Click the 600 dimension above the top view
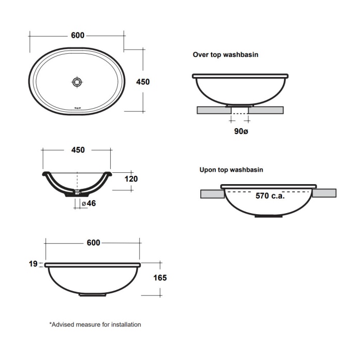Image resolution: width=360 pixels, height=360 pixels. point(77,35)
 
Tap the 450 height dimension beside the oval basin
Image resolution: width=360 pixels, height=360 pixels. point(142,82)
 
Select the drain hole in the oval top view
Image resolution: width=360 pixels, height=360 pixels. point(77,82)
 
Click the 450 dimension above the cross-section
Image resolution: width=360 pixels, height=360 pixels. point(77,150)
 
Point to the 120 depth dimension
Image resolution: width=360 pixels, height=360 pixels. point(131,179)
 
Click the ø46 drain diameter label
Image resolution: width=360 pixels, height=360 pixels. point(89,203)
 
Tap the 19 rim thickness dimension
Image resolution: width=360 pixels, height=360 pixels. point(33,264)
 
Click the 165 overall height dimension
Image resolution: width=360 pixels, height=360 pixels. point(160,278)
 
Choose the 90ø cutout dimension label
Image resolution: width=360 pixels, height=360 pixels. point(241,131)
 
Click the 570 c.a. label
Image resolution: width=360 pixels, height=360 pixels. point(271,196)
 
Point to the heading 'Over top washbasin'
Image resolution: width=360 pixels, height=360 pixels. point(226,54)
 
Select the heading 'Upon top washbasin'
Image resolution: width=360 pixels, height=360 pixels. point(232,169)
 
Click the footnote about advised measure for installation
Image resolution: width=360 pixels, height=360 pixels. point(95,325)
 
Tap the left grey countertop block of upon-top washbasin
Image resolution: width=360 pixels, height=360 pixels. point(212,193)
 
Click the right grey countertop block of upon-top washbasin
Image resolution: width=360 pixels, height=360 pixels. point(324,193)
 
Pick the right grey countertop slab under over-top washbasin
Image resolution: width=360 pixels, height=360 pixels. point(267,110)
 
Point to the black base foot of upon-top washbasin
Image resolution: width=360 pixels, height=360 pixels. point(268,216)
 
